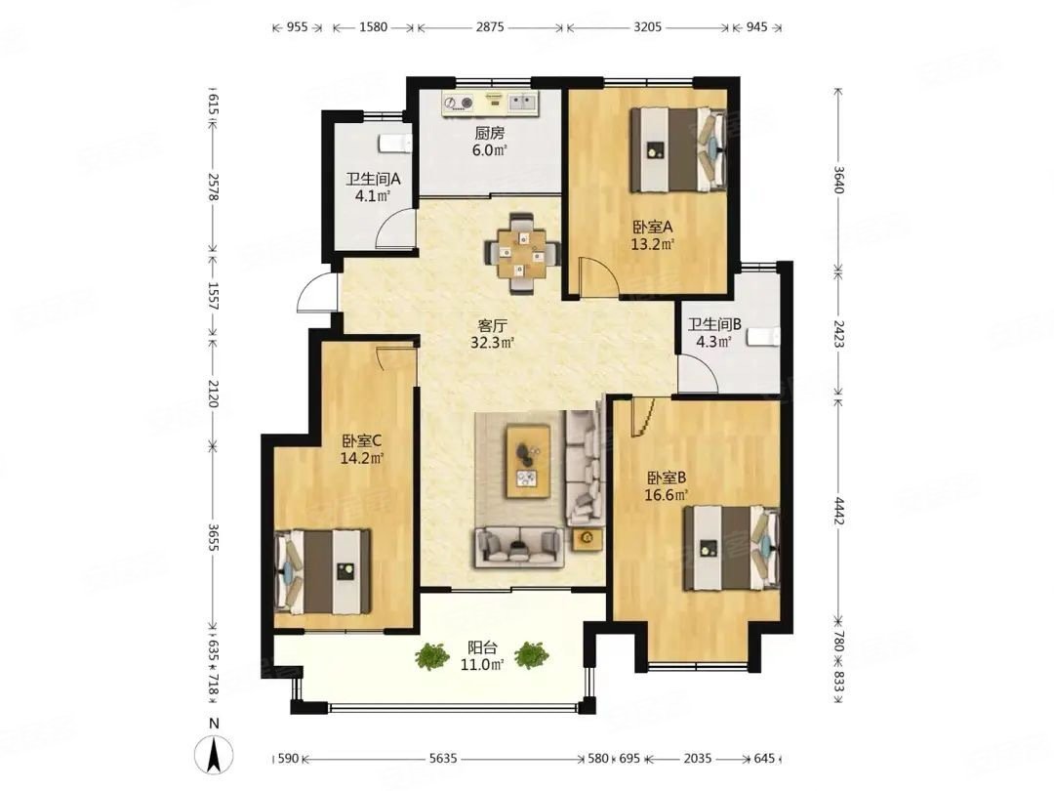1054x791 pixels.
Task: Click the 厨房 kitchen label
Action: (489, 133)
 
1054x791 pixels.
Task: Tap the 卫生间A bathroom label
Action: (373, 180)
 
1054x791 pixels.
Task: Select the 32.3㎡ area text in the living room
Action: (492, 343)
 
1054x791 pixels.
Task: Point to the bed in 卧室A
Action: (677, 149)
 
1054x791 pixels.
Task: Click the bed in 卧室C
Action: (323, 571)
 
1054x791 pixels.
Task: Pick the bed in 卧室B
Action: (732, 549)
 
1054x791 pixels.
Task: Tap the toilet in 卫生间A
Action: (394, 144)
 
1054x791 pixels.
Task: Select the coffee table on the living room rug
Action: (528, 461)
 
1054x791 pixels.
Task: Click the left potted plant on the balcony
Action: (431, 656)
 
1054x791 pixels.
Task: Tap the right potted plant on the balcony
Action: (532, 655)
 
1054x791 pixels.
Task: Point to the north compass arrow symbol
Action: (214, 755)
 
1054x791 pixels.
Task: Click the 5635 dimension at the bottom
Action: (443, 759)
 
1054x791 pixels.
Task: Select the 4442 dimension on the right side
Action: (837, 512)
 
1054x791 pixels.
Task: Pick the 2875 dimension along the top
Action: (490, 27)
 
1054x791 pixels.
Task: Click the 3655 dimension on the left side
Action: (213, 538)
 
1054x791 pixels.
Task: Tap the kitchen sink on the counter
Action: (522, 103)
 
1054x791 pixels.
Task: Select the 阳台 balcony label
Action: (483, 647)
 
